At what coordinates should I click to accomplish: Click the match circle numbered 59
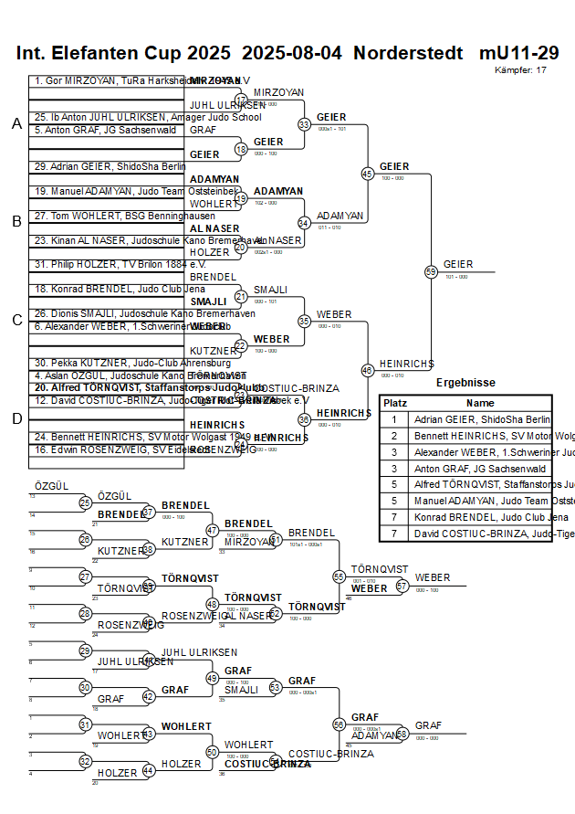(x=431, y=271)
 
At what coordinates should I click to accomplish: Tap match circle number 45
(x=367, y=174)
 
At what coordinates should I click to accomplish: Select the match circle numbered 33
(x=304, y=124)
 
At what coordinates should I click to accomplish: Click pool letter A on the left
(x=16, y=124)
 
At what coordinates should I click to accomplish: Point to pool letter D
(x=16, y=418)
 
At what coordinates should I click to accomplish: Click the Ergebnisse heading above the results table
(x=465, y=383)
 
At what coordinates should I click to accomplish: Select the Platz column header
(x=395, y=403)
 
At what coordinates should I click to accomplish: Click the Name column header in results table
(x=480, y=403)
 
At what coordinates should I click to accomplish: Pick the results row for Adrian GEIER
(x=482, y=419)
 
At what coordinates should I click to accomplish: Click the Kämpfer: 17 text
(x=520, y=69)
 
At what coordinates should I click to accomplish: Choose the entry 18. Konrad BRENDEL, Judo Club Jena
(x=108, y=289)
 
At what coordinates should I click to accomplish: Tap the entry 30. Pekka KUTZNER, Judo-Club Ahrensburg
(x=108, y=363)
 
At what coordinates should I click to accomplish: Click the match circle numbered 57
(x=402, y=587)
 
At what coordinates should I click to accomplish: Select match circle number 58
(x=402, y=735)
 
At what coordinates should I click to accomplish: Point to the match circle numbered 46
(x=367, y=370)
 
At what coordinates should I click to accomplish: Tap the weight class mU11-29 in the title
(x=519, y=53)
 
